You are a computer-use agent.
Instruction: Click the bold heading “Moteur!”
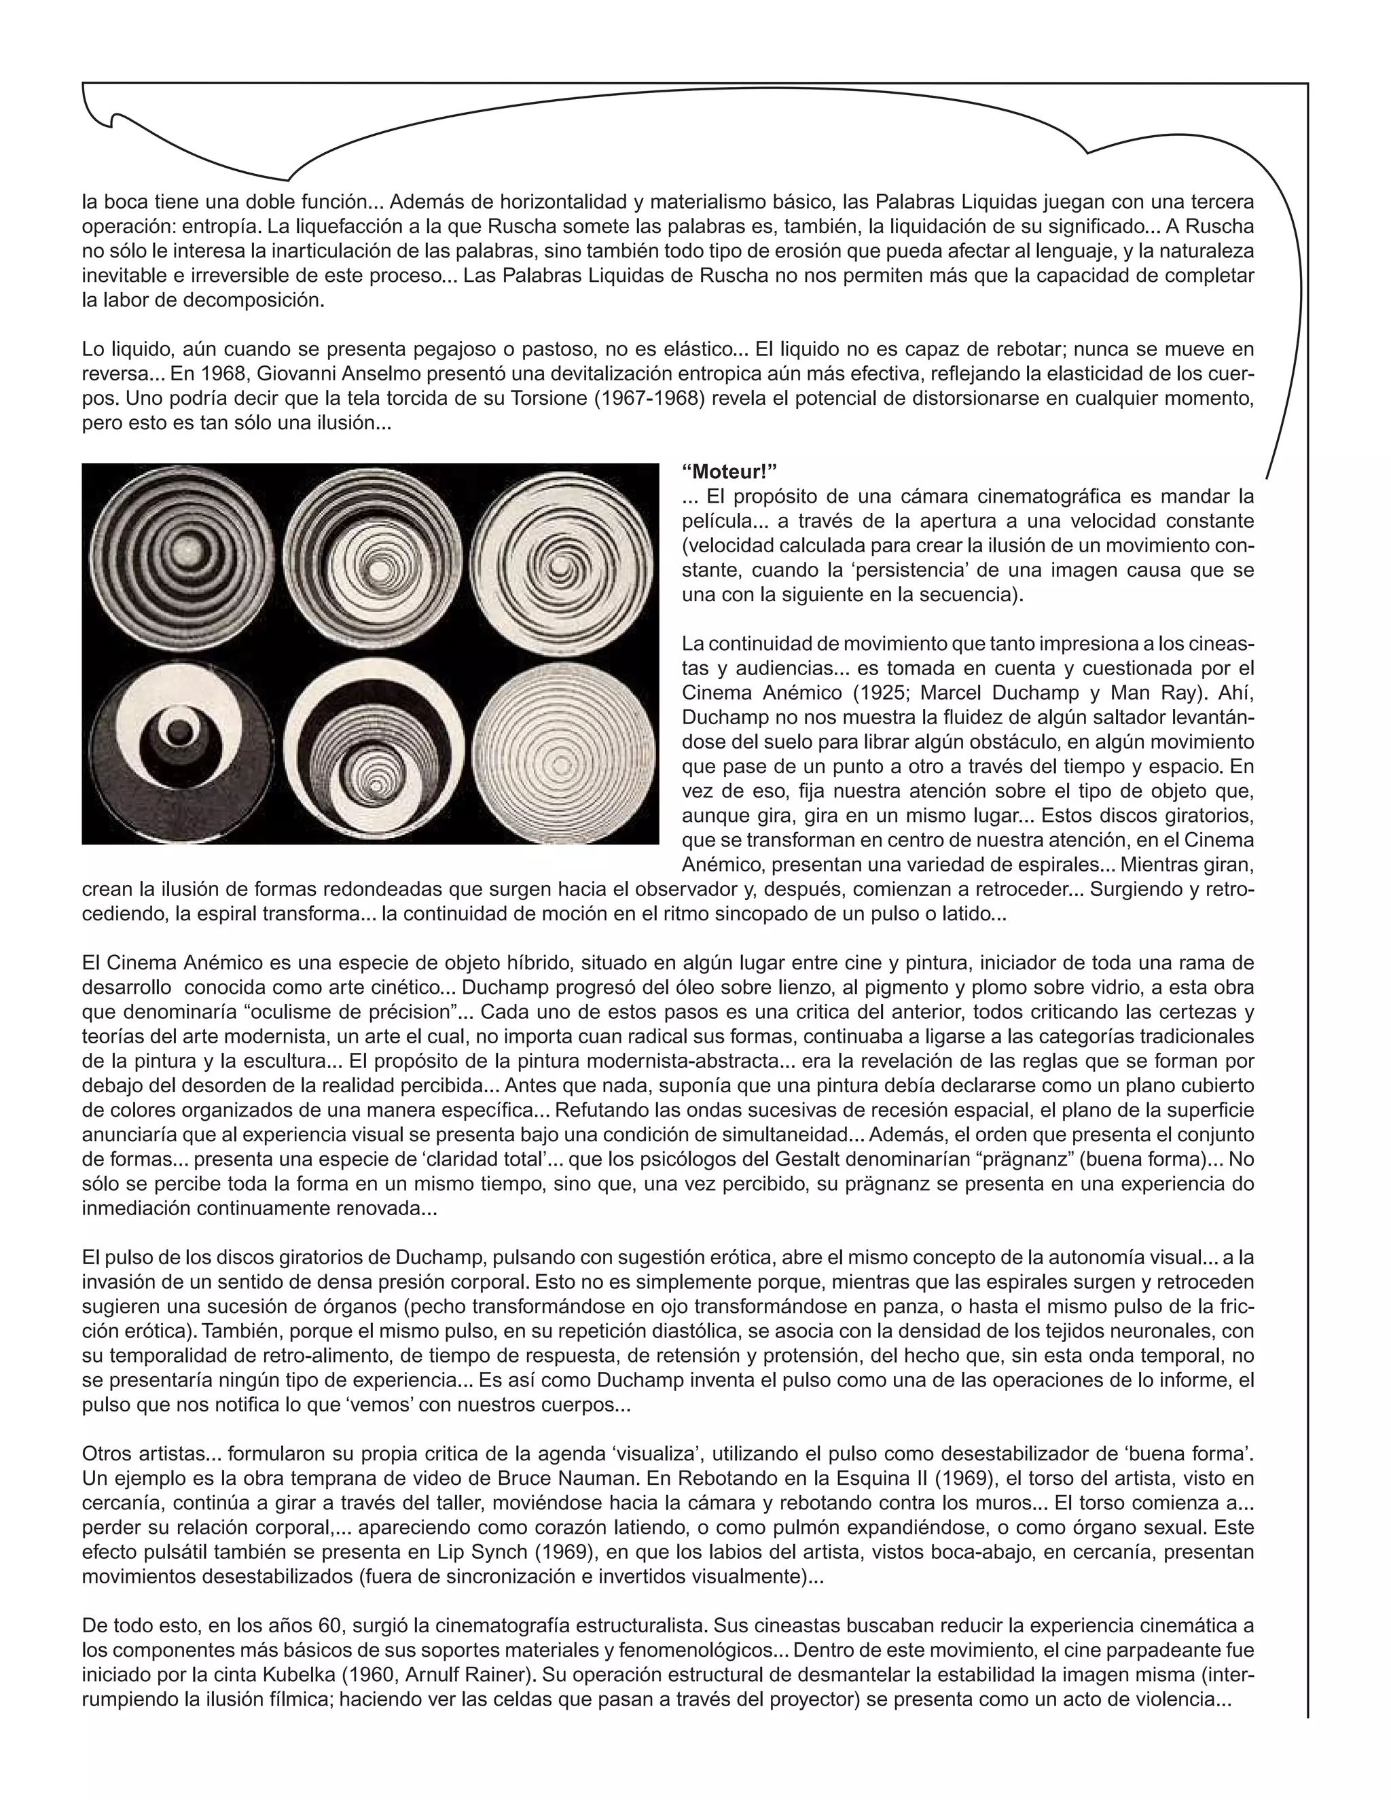tap(730, 471)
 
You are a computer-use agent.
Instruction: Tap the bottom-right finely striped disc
tap(564, 749)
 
